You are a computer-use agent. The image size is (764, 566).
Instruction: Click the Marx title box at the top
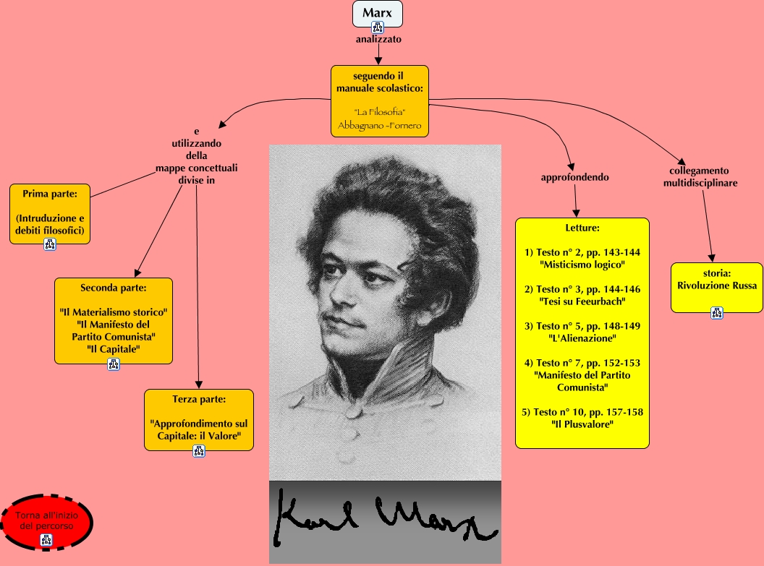click(377, 14)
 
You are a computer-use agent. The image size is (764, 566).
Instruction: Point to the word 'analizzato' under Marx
click(378, 40)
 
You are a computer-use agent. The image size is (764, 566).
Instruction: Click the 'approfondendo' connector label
click(574, 177)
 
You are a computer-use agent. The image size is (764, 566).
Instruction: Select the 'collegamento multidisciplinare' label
click(700, 177)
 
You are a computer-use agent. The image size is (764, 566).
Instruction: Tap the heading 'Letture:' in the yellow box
click(582, 228)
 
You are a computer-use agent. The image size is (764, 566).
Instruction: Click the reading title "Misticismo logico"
click(582, 265)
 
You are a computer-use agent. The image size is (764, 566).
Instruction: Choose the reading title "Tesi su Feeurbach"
click(582, 301)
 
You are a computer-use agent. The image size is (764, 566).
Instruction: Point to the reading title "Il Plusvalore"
click(582, 424)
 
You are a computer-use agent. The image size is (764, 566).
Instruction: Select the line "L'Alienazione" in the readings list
click(582, 338)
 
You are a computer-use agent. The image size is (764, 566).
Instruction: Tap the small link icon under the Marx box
click(377, 27)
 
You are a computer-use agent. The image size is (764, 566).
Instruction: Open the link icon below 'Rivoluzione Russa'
click(716, 312)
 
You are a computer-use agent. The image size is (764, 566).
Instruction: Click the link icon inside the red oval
click(46, 540)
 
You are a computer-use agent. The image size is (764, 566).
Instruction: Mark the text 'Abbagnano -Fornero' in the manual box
click(379, 126)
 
